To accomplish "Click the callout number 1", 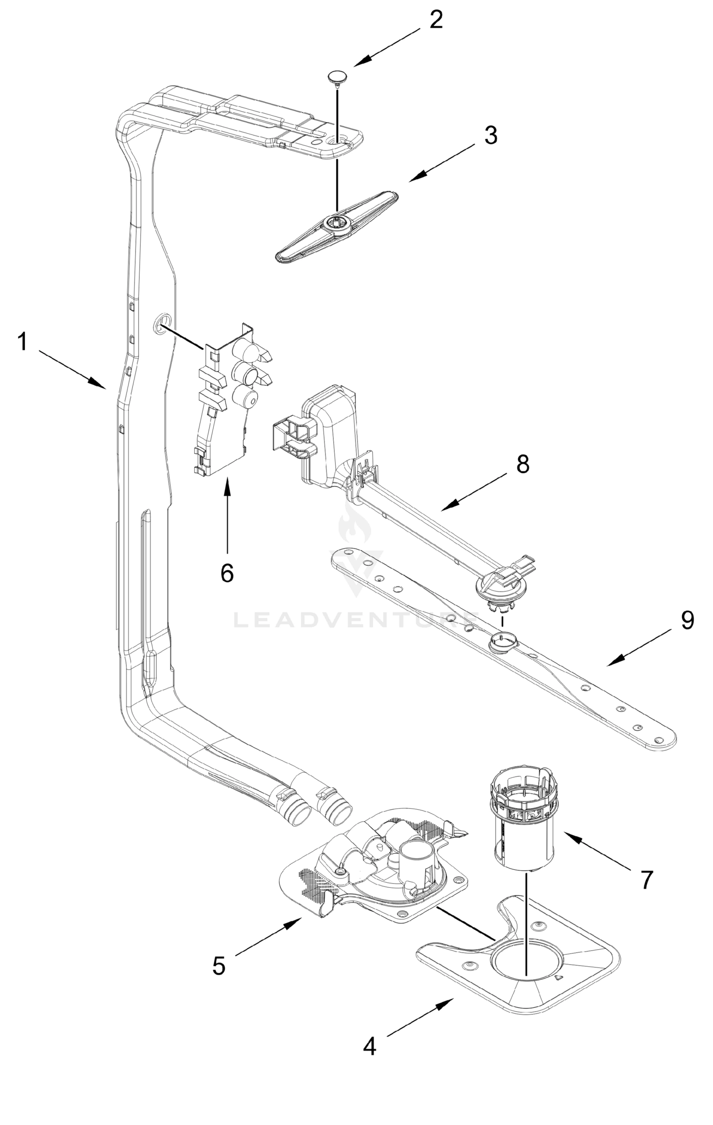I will click(x=23, y=341).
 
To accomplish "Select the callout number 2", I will click(x=435, y=20).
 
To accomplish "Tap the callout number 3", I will click(x=490, y=135).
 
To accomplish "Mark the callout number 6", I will click(x=227, y=572).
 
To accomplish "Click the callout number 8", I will click(x=522, y=464).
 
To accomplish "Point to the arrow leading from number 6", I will click(x=227, y=516).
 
